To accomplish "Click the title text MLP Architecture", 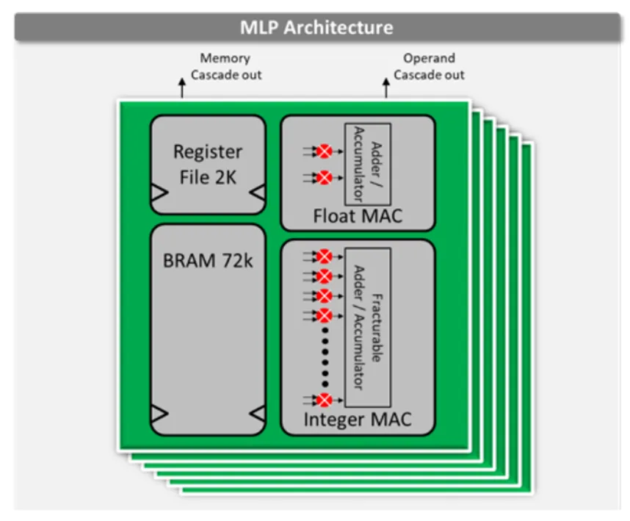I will click(316, 28).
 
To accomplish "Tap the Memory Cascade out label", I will click(225, 66).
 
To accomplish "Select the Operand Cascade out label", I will click(429, 66).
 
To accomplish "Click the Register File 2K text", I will click(207, 164).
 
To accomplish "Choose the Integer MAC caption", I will click(358, 420).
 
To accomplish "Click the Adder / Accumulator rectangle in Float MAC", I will click(367, 164).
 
